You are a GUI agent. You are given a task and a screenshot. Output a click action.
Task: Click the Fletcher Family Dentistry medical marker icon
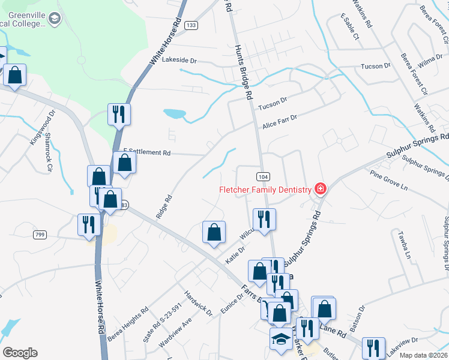pyautogui.click(x=321, y=190)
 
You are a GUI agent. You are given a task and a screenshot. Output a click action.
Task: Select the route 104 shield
pyautogui.click(x=262, y=176)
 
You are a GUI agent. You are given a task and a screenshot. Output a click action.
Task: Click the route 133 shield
pyautogui.click(x=191, y=25)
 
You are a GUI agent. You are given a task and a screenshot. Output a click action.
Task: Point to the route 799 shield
pyautogui.click(x=40, y=234)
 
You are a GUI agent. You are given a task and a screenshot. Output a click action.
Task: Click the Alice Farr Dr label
pyautogui.click(x=279, y=122)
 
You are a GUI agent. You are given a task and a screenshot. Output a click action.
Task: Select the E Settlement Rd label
pyautogui.click(x=147, y=152)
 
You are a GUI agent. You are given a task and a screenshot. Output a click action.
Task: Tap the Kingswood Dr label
pyautogui.click(x=42, y=127)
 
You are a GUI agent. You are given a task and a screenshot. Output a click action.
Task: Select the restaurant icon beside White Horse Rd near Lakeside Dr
pyautogui.click(x=119, y=113)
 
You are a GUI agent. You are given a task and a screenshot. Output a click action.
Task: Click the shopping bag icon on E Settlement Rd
pyautogui.click(x=124, y=163)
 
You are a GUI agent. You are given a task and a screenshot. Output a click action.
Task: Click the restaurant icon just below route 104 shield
pyautogui.click(x=264, y=219)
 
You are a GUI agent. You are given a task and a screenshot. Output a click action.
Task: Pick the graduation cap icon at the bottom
pyautogui.click(x=281, y=338)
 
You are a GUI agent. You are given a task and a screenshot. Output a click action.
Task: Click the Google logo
pyautogui.click(x=20, y=352)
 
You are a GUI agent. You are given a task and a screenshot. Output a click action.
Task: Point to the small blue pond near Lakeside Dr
pyautogui.click(x=174, y=113)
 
